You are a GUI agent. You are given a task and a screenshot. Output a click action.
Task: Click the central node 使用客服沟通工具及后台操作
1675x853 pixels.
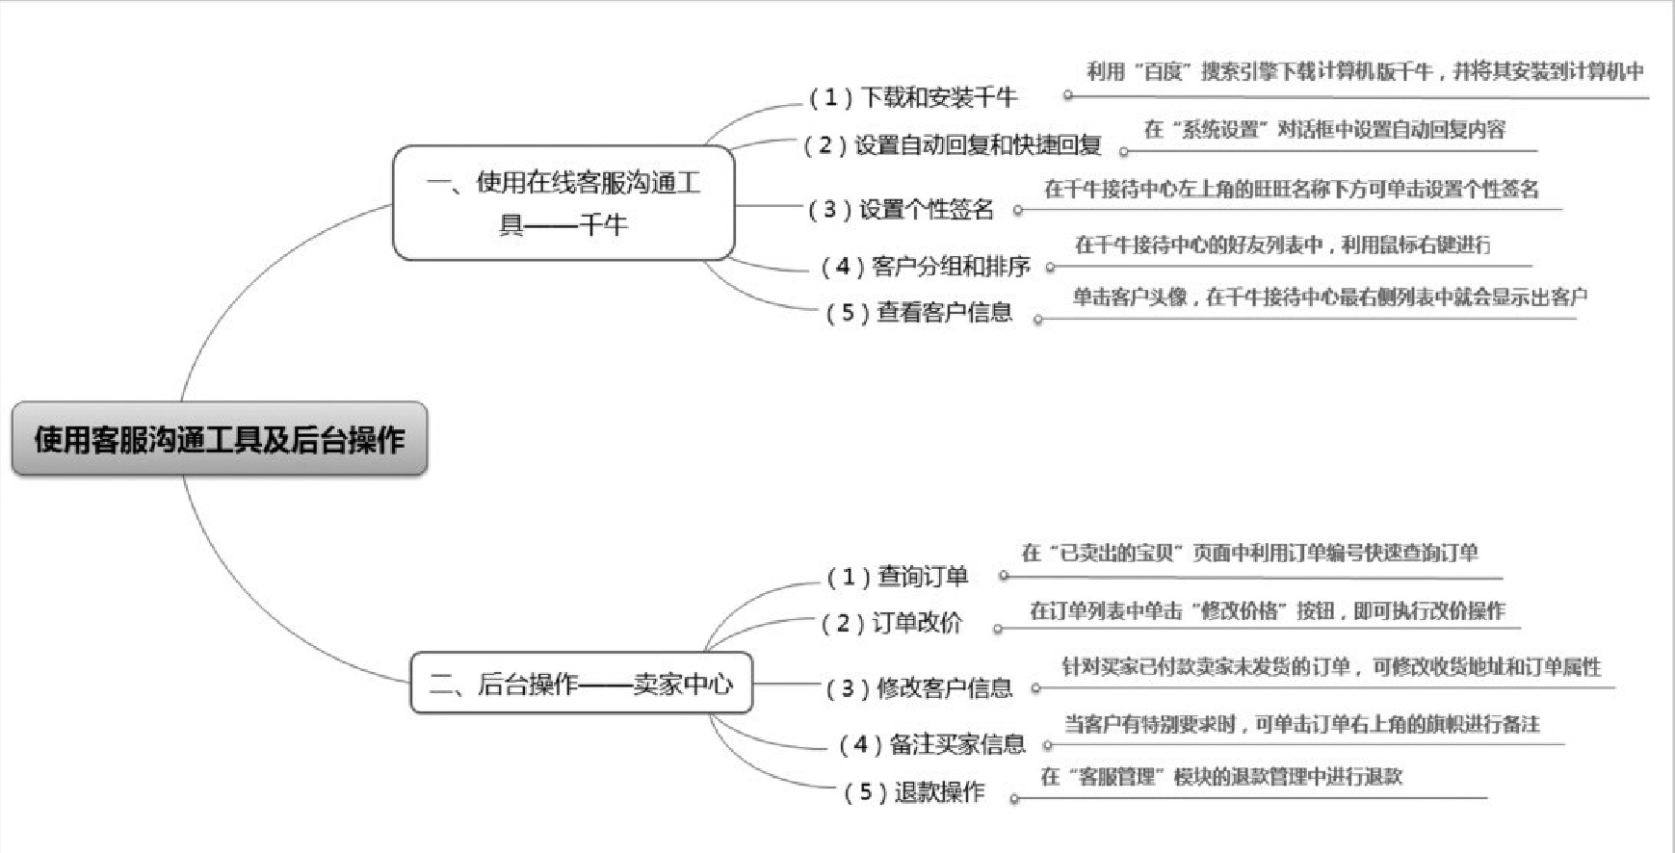click(x=220, y=440)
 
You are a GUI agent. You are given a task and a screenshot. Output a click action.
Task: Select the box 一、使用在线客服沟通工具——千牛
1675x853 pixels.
click(x=563, y=203)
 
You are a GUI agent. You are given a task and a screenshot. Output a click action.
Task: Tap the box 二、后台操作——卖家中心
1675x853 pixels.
click(x=581, y=684)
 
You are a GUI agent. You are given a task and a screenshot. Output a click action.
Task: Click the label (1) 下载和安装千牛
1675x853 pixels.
click(x=912, y=97)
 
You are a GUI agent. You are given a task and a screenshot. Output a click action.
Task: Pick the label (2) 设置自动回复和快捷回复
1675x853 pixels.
click(x=953, y=145)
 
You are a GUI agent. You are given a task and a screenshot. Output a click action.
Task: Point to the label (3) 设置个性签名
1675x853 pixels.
click(x=901, y=209)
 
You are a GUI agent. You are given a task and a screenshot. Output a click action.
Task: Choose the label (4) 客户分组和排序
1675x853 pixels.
click(x=925, y=266)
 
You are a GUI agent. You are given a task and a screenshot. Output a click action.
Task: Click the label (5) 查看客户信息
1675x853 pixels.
click(x=919, y=312)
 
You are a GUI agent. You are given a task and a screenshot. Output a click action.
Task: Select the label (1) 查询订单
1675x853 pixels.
click(x=897, y=577)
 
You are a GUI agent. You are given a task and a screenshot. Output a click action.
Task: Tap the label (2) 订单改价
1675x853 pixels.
click(x=891, y=623)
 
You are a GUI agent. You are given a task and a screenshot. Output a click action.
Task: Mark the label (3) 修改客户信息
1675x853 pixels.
click(x=919, y=687)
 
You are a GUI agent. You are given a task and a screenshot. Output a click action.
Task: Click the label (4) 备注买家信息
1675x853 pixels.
click(x=931, y=744)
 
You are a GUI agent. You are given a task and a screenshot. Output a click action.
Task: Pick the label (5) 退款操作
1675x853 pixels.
click(x=914, y=792)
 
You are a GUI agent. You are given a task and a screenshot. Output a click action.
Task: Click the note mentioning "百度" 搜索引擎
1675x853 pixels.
click(x=1364, y=71)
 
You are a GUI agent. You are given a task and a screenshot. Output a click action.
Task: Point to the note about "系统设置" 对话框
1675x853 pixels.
click(x=1323, y=129)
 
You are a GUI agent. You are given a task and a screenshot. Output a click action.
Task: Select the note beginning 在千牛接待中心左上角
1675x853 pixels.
click(x=1291, y=189)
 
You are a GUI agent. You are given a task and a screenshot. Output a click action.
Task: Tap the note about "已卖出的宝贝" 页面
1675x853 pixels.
click(x=1249, y=553)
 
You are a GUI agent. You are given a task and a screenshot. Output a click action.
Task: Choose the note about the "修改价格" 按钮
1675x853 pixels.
click(x=1267, y=610)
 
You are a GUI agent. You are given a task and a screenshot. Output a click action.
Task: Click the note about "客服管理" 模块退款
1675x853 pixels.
click(x=1221, y=776)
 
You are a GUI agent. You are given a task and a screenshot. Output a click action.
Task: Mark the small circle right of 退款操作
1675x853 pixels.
click(x=1014, y=798)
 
